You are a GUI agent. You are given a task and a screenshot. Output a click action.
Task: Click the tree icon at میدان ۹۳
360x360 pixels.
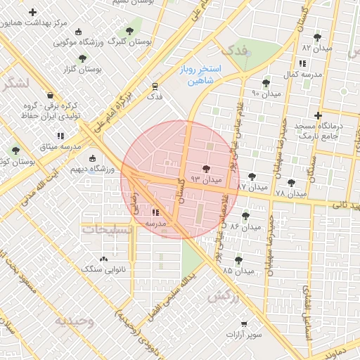(x=206, y=169)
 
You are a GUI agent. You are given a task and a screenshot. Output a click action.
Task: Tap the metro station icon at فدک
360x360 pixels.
(x=154, y=86)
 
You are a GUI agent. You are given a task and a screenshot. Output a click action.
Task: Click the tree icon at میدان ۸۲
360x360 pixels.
(x=317, y=37)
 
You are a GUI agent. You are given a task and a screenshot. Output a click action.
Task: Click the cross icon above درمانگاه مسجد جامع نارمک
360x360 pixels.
(x=318, y=115)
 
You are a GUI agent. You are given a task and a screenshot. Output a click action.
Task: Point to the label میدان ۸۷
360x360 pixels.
(x=252, y=188)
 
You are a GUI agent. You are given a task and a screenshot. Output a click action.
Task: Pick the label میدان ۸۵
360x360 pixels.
(x=238, y=271)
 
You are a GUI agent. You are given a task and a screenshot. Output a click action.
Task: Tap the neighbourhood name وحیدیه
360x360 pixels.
(x=74, y=321)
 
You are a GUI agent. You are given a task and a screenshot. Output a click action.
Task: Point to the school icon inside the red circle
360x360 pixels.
(x=155, y=212)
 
